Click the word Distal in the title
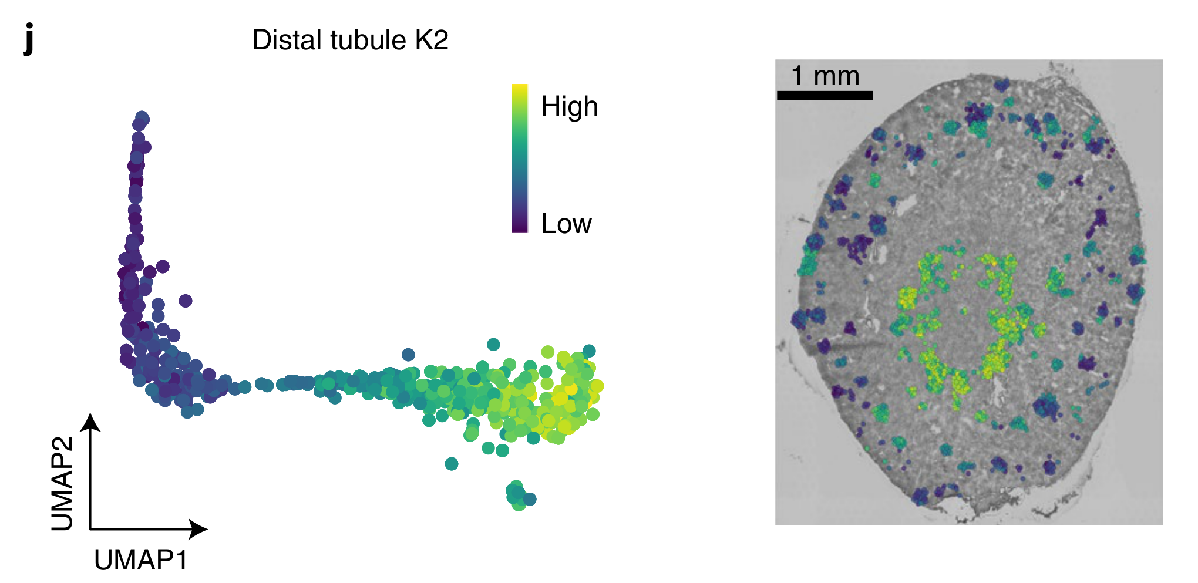[287, 40]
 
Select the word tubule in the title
[368, 40]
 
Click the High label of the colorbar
[569, 106]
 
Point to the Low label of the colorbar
[566, 224]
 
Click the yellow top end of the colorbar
[520, 90]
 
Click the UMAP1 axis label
[141, 560]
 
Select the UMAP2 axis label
[63, 483]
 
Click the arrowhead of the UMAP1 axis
[200, 529]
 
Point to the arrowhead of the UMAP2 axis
[90, 420]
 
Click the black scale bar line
[825, 95]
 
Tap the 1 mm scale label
[825, 76]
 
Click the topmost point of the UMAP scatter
[142, 117]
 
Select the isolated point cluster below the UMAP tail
[519, 496]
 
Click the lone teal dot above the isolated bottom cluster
[452, 464]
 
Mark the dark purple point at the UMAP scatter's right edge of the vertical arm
[186, 301]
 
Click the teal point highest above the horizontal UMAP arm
[493, 344]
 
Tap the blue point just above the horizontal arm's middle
[408, 354]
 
